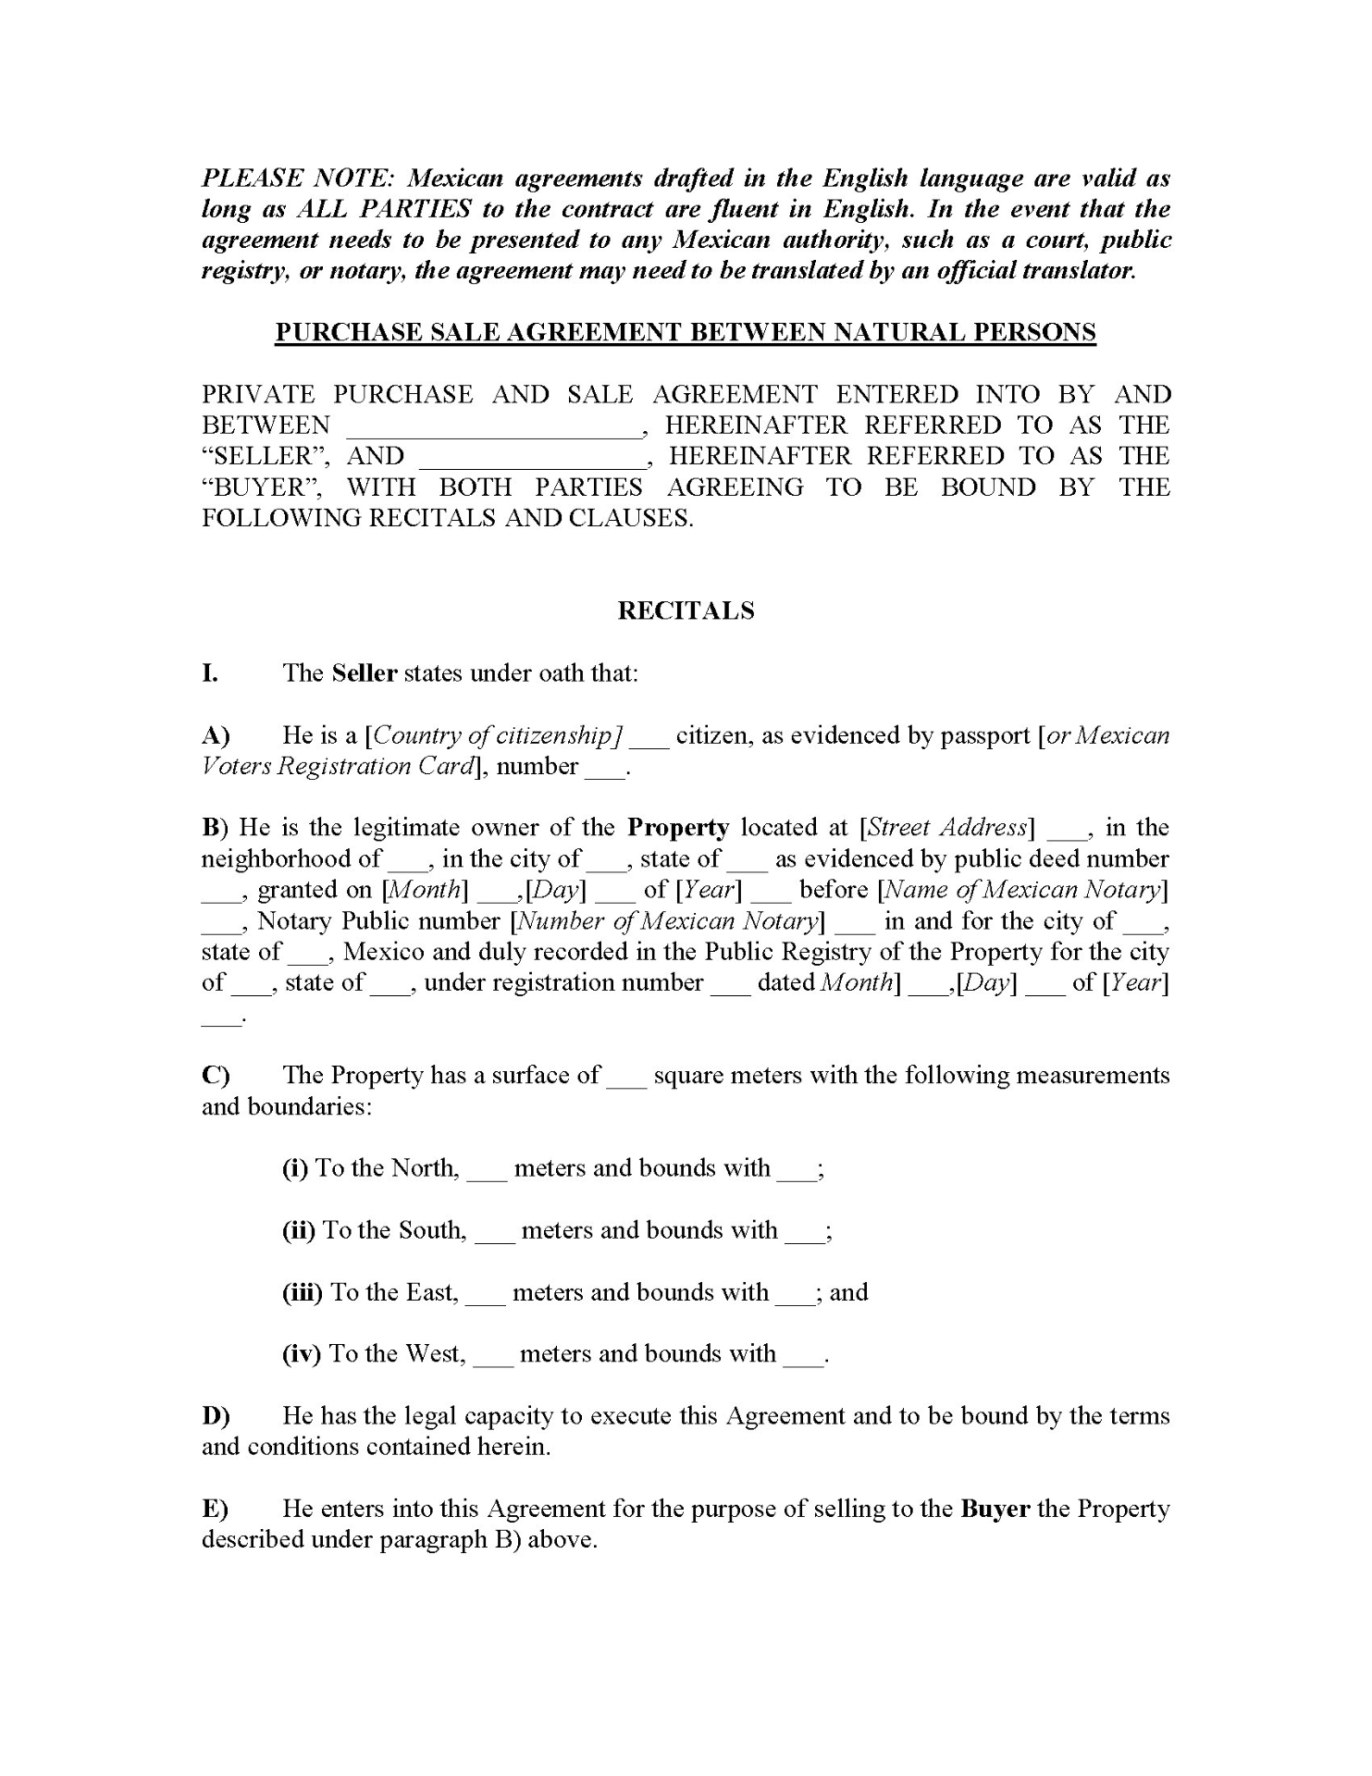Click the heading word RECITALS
coord(686,610)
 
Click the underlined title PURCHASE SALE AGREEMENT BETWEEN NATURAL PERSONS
coord(686,333)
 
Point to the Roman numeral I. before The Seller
coord(210,672)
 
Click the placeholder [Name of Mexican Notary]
coord(1023,890)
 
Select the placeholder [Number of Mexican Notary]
coord(667,921)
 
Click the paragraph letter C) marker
coord(216,1075)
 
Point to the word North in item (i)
coord(424,1168)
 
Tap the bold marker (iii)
coord(302,1292)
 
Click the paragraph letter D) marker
coord(216,1416)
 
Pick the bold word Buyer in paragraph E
coord(995,1509)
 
